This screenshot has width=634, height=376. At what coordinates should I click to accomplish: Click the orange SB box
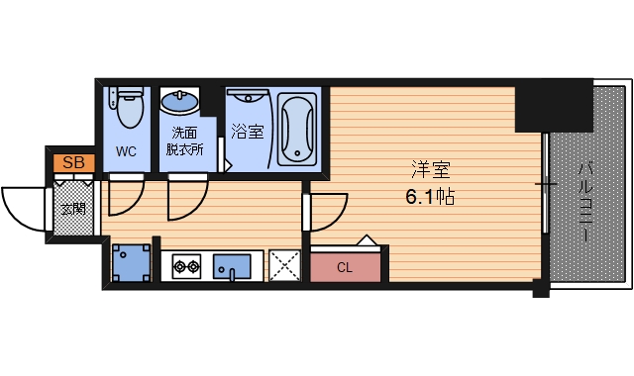[74, 162]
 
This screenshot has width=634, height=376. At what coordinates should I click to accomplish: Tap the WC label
[126, 151]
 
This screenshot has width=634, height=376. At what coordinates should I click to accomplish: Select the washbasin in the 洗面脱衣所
[179, 101]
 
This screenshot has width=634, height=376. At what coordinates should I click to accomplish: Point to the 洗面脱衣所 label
[185, 141]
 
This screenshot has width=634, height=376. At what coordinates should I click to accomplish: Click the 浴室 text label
[248, 132]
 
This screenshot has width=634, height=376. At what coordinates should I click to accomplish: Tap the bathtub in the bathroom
[297, 130]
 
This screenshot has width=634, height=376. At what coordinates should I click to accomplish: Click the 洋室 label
[430, 169]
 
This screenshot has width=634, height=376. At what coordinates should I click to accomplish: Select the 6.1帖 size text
[430, 197]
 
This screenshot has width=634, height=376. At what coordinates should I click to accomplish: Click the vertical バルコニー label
[584, 202]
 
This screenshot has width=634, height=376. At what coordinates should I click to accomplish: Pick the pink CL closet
[345, 267]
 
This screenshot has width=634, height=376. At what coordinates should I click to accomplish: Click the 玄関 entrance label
[73, 209]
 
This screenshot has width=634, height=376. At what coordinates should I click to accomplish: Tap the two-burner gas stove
[187, 266]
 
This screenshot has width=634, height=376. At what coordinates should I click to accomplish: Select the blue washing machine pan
[131, 262]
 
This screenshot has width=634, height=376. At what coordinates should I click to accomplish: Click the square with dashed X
[284, 265]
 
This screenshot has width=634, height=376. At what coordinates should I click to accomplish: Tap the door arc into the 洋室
[338, 219]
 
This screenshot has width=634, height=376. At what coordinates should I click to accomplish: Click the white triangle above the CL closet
[367, 239]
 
